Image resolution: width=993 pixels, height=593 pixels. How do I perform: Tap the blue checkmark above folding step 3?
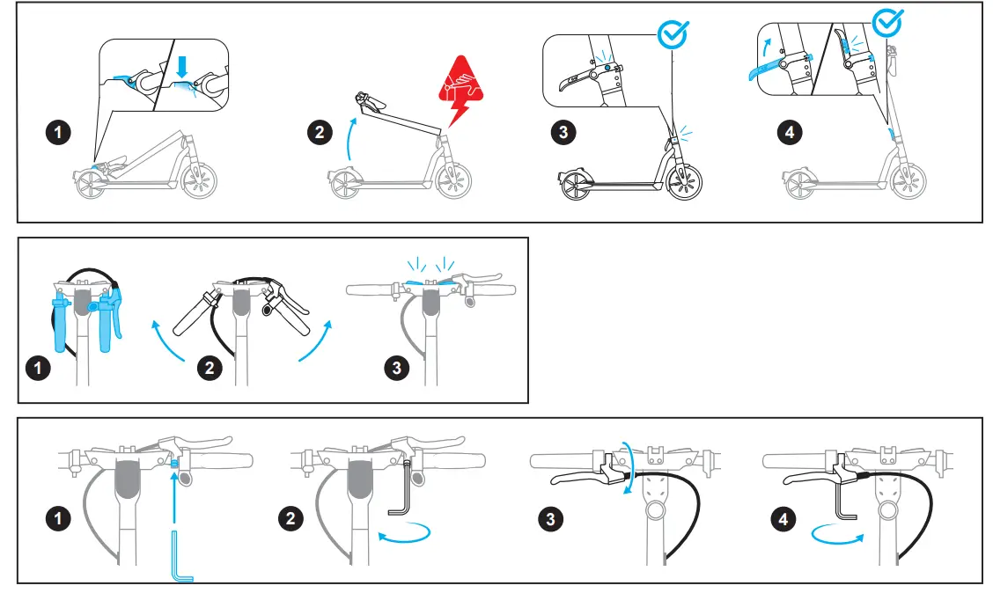[x=673, y=34]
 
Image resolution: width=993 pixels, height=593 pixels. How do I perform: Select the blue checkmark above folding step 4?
[x=886, y=22]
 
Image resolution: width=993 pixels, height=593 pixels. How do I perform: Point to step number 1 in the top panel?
[x=58, y=133]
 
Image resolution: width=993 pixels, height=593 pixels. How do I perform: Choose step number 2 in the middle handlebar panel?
[x=209, y=368]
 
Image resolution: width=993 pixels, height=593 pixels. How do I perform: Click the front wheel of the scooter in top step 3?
[x=684, y=182]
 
